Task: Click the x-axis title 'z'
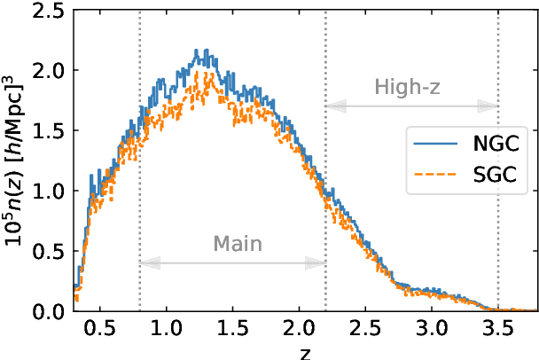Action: (305, 351)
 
